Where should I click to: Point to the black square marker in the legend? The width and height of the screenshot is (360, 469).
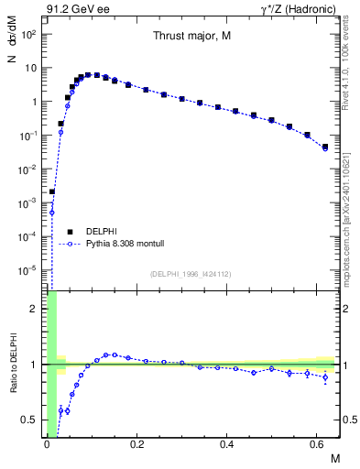coord(70,231)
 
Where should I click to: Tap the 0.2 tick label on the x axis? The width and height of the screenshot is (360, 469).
coord(136,444)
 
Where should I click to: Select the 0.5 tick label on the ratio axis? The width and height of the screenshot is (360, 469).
coord(30,420)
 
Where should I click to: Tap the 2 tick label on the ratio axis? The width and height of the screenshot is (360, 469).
coord(35,309)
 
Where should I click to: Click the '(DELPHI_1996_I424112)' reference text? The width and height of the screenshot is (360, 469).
coord(191,274)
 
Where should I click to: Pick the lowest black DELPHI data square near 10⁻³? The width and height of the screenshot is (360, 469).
coord(52,191)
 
